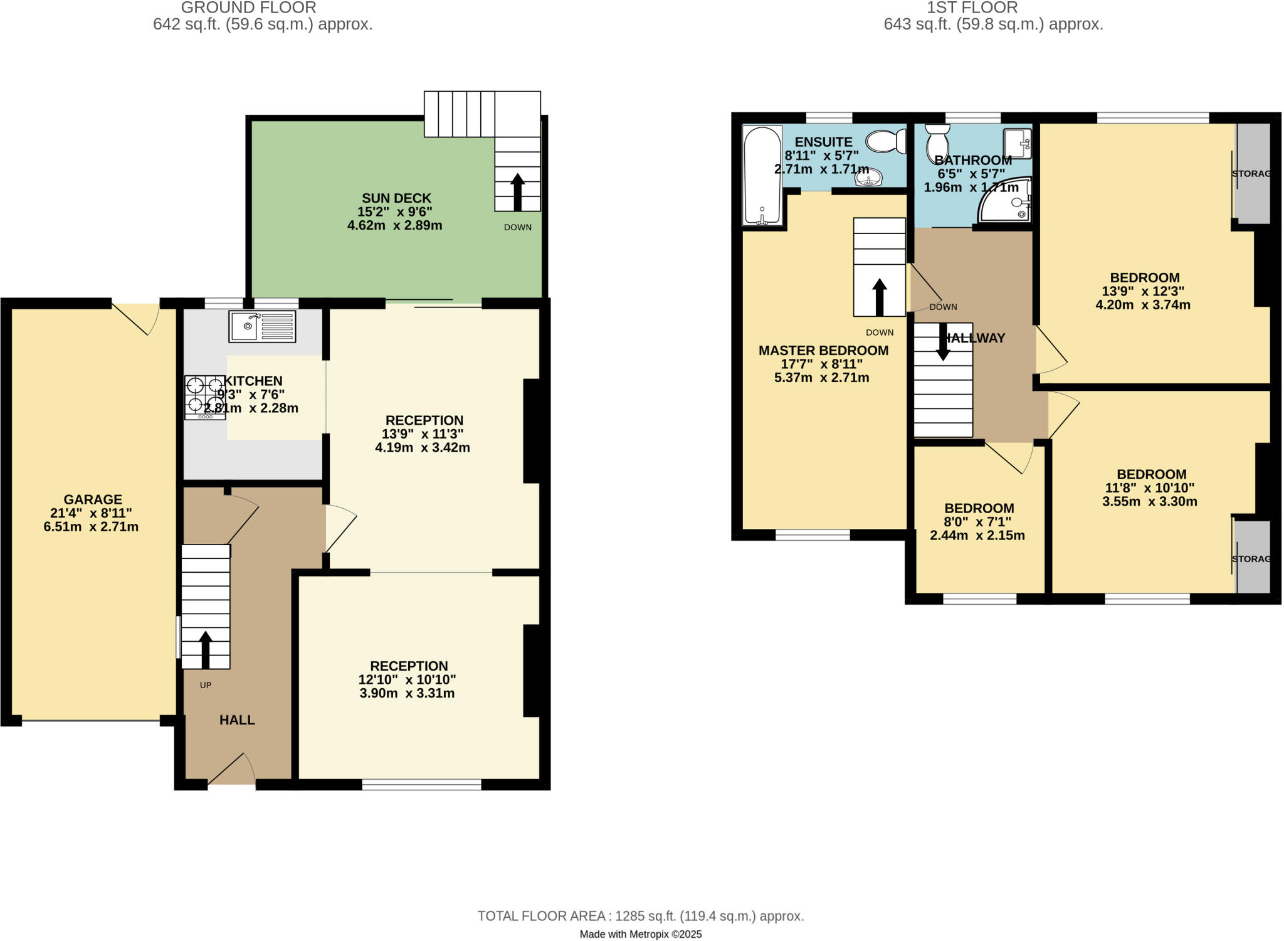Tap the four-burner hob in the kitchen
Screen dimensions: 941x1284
[x=204, y=397]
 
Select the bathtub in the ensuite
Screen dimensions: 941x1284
[x=762, y=175]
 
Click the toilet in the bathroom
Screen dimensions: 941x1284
[x=937, y=141]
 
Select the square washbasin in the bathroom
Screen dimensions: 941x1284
[x=1017, y=144]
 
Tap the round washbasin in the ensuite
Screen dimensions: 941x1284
[x=868, y=178]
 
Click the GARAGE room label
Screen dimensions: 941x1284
[x=93, y=500]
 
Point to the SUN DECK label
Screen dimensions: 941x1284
[x=396, y=198]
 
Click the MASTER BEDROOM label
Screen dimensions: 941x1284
[x=823, y=351]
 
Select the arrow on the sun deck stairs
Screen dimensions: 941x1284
[x=517, y=191]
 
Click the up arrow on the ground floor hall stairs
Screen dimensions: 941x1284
[x=205, y=649]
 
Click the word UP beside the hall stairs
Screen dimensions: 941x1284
[x=206, y=685]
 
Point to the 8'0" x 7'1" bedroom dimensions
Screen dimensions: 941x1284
[x=978, y=522]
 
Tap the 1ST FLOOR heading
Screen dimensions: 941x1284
[x=972, y=8]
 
